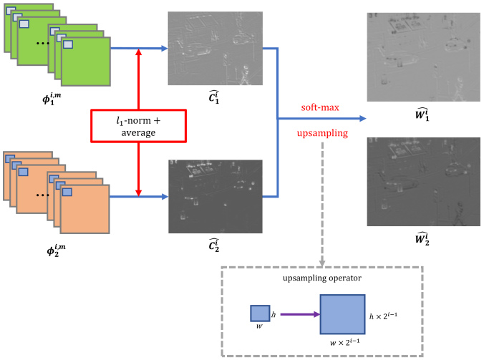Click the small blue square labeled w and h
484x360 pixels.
click(259, 313)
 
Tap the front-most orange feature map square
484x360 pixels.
click(85, 209)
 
